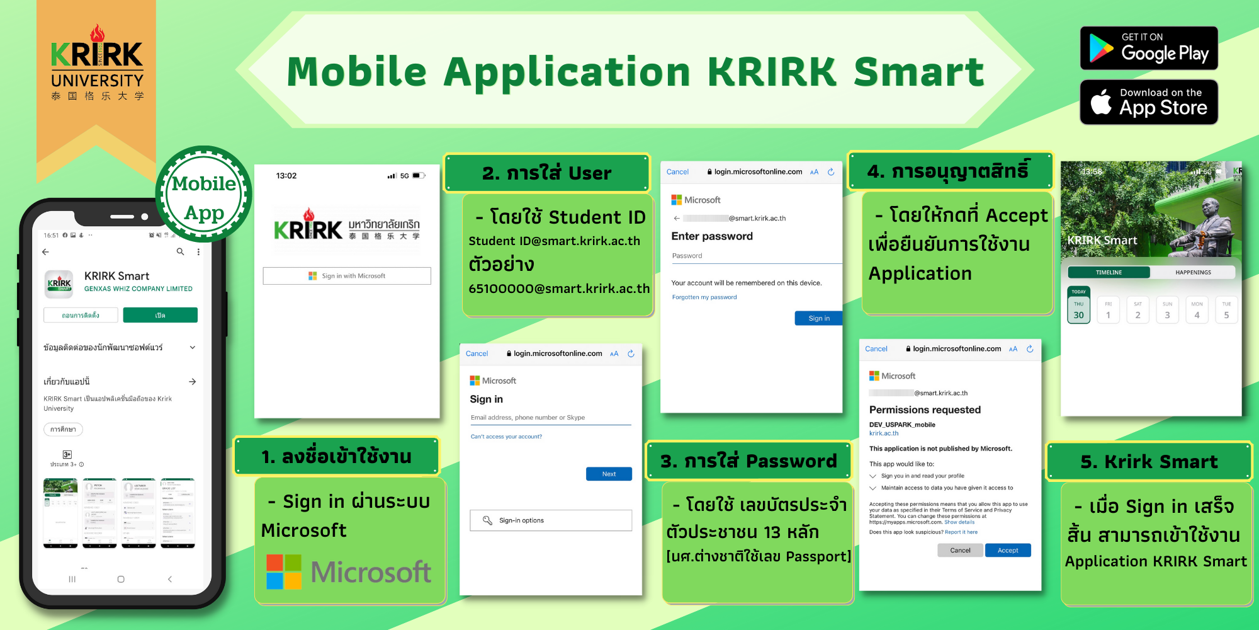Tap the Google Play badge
pos(1149,49)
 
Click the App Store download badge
pos(1149,102)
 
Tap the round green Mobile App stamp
pos(204,195)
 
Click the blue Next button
pos(609,474)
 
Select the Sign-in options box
pos(551,520)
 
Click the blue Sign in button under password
pos(818,318)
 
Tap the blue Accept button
pos(1008,550)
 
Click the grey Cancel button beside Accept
pos(960,550)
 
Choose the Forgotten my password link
pos(704,297)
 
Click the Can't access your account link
pos(506,437)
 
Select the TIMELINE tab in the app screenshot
pos(1109,272)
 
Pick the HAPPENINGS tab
pos(1193,272)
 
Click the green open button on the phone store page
pos(160,315)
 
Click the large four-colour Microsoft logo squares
pos(284,572)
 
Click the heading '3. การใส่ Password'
pos(748,461)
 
